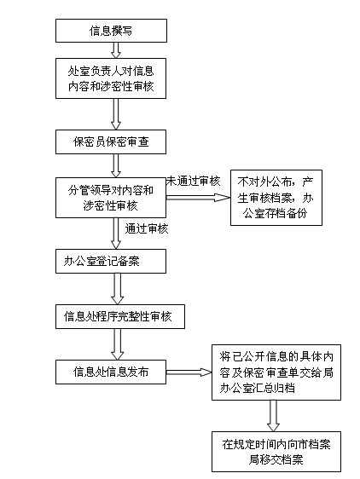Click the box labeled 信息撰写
coord(111,31)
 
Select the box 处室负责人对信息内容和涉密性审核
coord(111,78)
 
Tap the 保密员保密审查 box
coord(111,141)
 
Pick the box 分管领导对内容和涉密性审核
coord(111,198)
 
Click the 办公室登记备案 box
coord(111,261)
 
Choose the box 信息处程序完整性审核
coord(120,316)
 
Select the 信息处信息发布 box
coord(111,372)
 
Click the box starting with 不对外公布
coord(276,198)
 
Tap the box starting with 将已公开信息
coord(276,372)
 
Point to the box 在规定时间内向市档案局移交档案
coord(276,452)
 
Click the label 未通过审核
coord(194,182)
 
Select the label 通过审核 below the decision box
coord(147,228)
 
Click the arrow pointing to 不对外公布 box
coord(198,198)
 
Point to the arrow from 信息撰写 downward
coord(116,50)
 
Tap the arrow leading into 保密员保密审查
coord(116,114)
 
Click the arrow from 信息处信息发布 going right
coord(189,372)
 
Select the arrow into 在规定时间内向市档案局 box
coord(273,416)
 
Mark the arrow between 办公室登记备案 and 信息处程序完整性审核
coord(118,289)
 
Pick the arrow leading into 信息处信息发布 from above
coord(118,344)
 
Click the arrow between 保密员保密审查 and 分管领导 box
coord(116,166)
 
